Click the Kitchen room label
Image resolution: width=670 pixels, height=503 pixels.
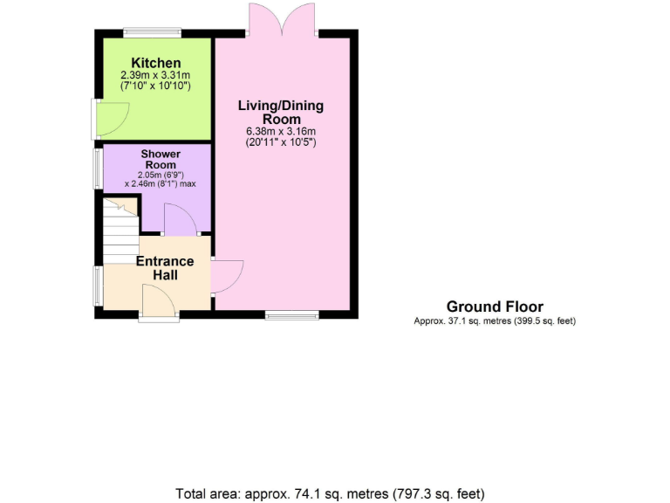pyautogui.click(x=156, y=63)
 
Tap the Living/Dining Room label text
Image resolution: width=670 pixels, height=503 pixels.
pyautogui.click(x=281, y=113)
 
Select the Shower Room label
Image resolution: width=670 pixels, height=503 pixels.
pyautogui.click(x=160, y=160)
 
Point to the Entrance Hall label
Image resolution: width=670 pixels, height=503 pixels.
pyautogui.click(x=166, y=267)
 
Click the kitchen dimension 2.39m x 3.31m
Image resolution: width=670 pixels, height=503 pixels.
pyautogui.click(x=156, y=76)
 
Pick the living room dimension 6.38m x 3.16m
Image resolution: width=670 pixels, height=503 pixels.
pyautogui.click(x=281, y=132)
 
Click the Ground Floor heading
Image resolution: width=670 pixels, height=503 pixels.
pyautogui.click(x=495, y=307)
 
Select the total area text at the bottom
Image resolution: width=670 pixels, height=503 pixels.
pyautogui.click(x=330, y=493)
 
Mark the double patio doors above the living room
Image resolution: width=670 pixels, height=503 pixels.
pyautogui.click(x=281, y=19)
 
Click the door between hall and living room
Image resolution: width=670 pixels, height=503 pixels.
pyautogui.click(x=227, y=277)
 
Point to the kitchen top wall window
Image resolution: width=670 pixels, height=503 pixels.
pyautogui.click(x=152, y=33)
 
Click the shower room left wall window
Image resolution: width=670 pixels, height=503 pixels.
pyautogui.click(x=98, y=167)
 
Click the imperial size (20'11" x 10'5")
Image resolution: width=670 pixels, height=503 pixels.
pyautogui.click(x=281, y=142)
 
